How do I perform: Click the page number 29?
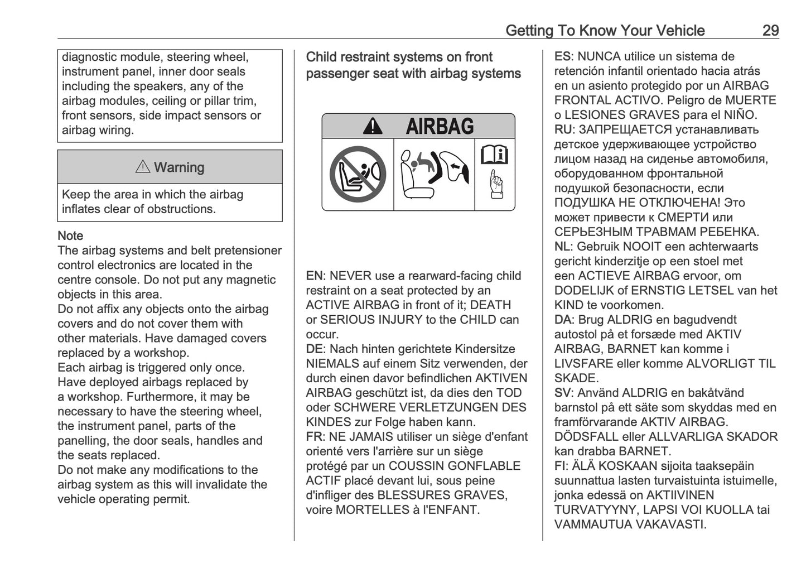[x=770, y=30]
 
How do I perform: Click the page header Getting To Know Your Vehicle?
[x=605, y=30]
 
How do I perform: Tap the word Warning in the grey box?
[x=179, y=167]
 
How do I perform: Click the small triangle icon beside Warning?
[x=143, y=167]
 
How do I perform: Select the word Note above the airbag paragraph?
[x=70, y=236]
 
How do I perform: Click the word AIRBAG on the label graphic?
[x=440, y=127]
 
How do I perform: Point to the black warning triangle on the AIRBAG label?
[x=373, y=127]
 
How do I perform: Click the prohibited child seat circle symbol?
[x=358, y=174]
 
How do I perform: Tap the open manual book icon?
[x=494, y=155]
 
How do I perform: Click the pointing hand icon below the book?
[x=495, y=185]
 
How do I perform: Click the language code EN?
[x=315, y=276]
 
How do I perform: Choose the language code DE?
[x=315, y=349]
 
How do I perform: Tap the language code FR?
[x=315, y=437]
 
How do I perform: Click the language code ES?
[x=563, y=57]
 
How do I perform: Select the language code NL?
[x=563, y=247]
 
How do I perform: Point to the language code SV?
[x=563, y=393]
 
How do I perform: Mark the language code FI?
[x=561, y=466]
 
